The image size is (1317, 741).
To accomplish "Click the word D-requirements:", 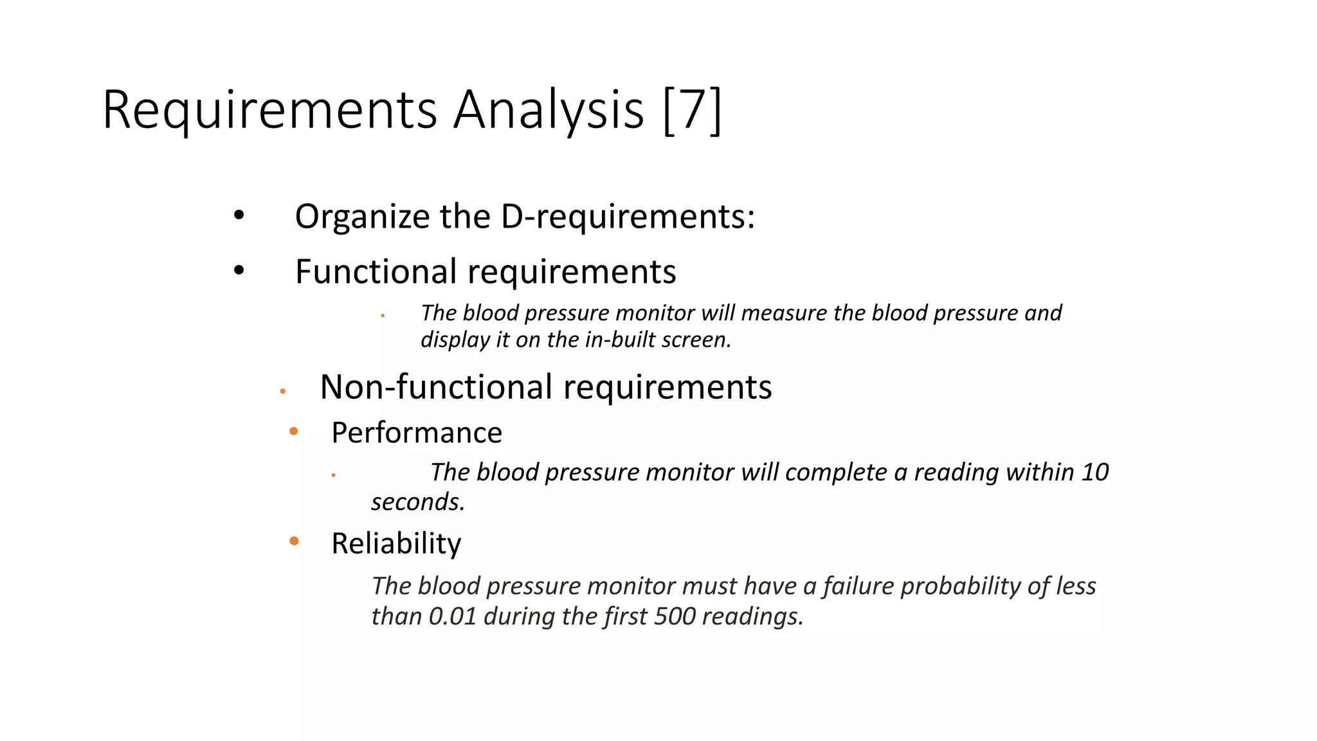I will (628, 217).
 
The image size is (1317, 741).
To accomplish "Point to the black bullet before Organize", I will (239, 216).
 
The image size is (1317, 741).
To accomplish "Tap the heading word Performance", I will (417, 433).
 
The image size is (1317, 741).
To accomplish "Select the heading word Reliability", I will (396, 544).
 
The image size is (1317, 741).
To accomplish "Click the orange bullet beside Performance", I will (294, 431).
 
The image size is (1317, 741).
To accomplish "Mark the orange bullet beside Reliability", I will (294, 541).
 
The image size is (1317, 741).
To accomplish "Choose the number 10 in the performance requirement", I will (1094, 472).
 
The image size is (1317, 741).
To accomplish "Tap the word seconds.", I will (417, 502).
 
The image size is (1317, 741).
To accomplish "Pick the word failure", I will (858, 586).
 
